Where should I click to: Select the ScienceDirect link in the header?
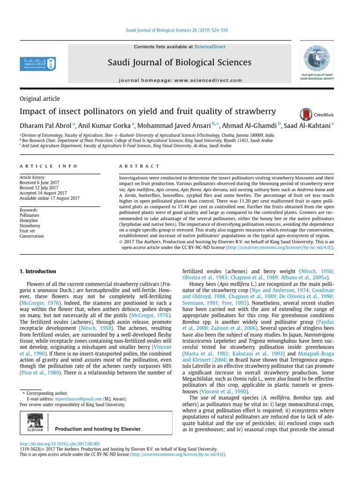click(210, 47)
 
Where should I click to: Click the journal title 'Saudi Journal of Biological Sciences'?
click(180, 62)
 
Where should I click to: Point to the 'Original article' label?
click(39, 99)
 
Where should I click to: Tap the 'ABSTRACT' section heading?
click(139, 166)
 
